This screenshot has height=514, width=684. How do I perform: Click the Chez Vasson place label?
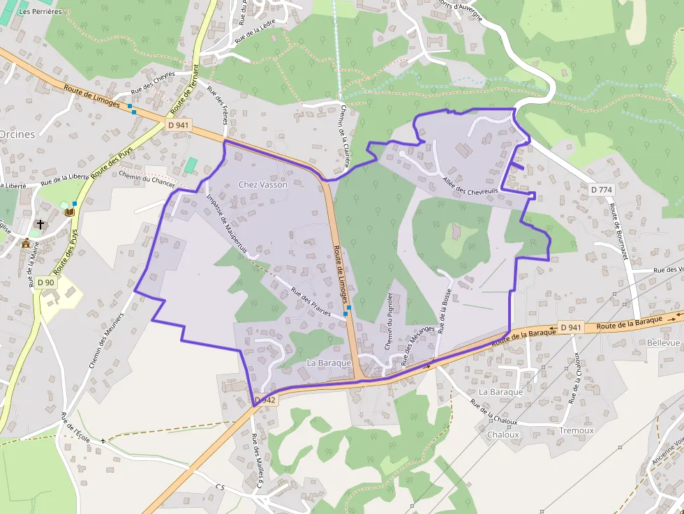tap(262, 185)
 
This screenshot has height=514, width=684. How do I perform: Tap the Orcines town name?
tap(17, 135)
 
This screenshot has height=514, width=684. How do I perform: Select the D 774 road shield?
tap(600, 190)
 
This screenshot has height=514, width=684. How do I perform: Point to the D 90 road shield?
tap(46, 282)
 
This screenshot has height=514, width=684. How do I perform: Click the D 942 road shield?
tap(265, 400)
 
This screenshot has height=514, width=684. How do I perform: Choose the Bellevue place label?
tap(663, 343)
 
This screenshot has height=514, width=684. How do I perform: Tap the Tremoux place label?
tap(576, 430)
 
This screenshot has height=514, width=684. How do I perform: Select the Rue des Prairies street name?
tap(311, 303)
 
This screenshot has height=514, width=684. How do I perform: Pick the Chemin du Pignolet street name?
tap(389, 322)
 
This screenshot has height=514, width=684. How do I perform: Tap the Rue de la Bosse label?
tap(445, 310)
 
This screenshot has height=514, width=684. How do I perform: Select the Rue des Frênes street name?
tap(218, 105)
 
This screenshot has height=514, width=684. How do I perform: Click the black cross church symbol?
tap(41, 225)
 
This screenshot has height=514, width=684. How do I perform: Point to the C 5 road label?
tap(221, 486)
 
